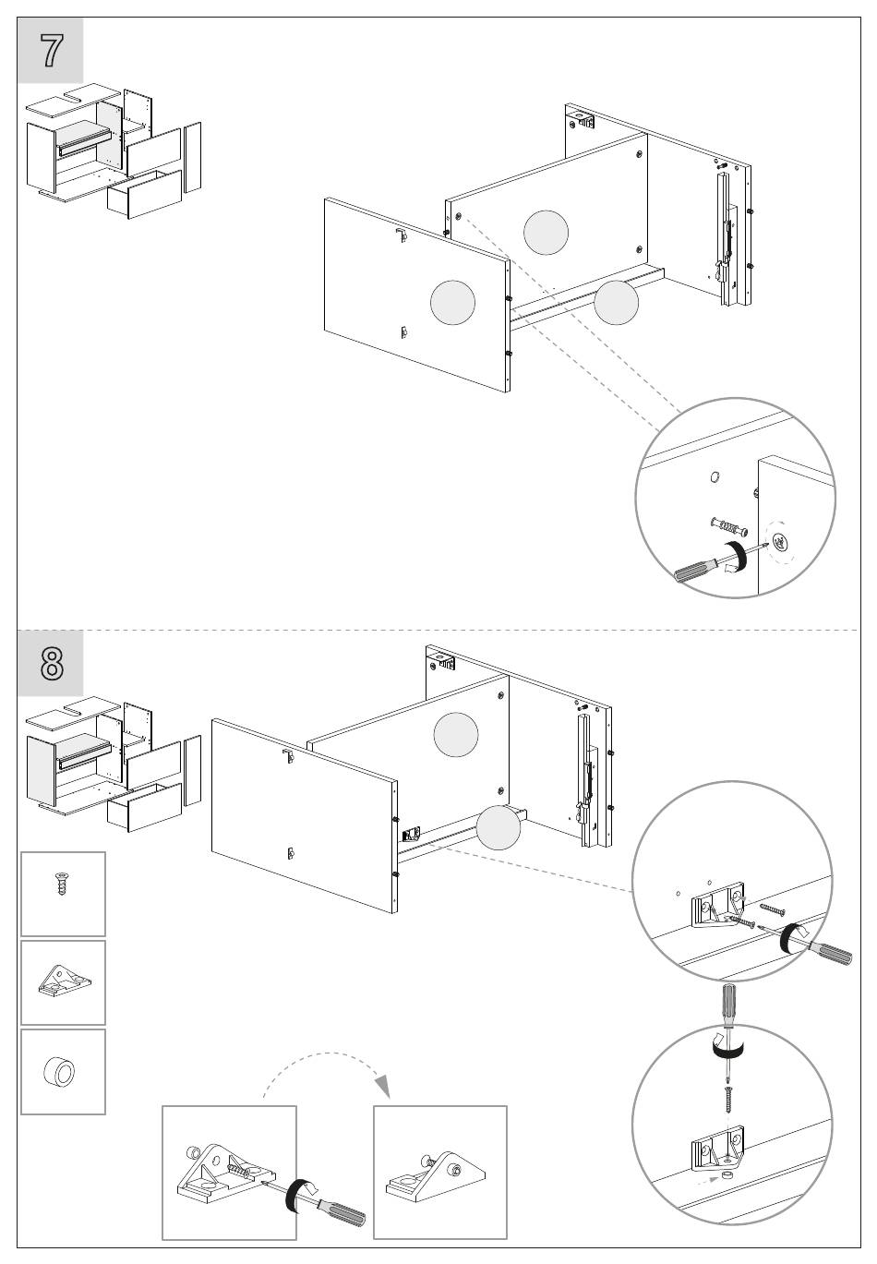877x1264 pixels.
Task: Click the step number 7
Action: [x=51, y=51]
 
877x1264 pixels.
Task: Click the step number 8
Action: [x=52, y=664]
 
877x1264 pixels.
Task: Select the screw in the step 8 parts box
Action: [x=61, y=883]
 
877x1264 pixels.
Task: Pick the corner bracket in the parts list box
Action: [x=64, y=981]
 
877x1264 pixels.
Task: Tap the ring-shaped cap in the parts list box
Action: [x=59, y=1071]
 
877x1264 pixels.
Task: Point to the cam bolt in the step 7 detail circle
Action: [x=729, y=526]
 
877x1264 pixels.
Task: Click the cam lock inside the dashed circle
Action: [x=780, y=542]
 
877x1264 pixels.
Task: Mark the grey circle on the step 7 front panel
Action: [x=452, y=303]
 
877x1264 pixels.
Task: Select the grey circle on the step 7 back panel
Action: [x=546, y=233]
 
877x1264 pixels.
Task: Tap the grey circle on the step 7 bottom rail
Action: [x=616, y=303]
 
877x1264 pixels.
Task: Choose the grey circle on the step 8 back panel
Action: [x=456, y=734]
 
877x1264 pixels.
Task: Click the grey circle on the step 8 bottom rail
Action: [x=499, y=828]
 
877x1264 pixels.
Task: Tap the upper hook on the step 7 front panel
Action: [x=402, y=235]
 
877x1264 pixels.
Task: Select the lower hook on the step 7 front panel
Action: [x=403, y=333]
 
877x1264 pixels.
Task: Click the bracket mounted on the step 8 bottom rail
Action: [x=412, y=834]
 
